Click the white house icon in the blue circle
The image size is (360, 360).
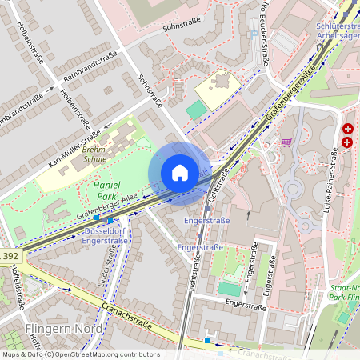tap(180, 173)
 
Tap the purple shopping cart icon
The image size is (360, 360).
tap(286, 142)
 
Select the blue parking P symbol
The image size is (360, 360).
tap(254, 34)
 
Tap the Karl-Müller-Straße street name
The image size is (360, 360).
tap(74, 149)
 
